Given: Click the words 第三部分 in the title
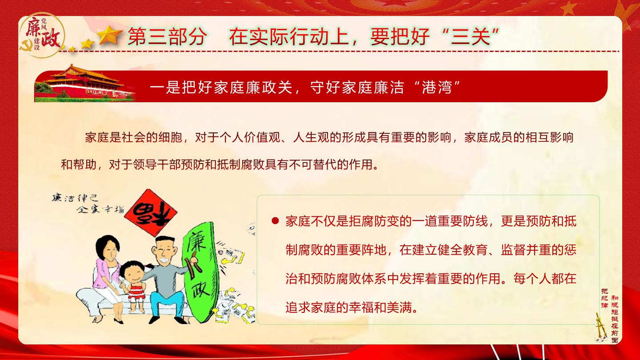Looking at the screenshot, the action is click(x=167, y=36).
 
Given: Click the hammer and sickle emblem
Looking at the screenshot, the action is click(x=26, y=46).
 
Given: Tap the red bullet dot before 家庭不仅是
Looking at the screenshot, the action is click(x=275, y=221).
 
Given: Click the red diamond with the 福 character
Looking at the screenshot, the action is click(x=151, y=213).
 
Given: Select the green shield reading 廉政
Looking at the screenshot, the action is click(x=200, y=272).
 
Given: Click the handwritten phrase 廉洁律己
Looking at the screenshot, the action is click(x=75, y=198).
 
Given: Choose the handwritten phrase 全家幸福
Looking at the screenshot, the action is click(x=100, y=209).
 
